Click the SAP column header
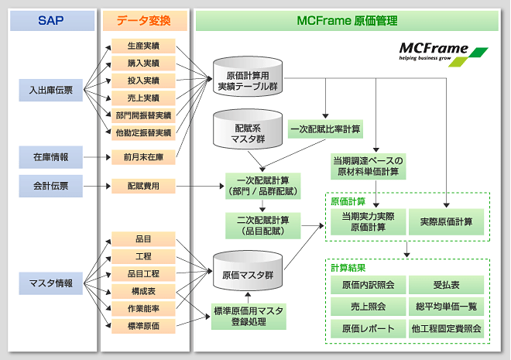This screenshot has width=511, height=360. point(50,20)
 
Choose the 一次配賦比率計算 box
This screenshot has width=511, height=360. point(326,128)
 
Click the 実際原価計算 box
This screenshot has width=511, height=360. point(446,222)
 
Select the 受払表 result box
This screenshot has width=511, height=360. point(446,285)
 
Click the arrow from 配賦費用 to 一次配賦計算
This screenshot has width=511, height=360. point(201,186)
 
